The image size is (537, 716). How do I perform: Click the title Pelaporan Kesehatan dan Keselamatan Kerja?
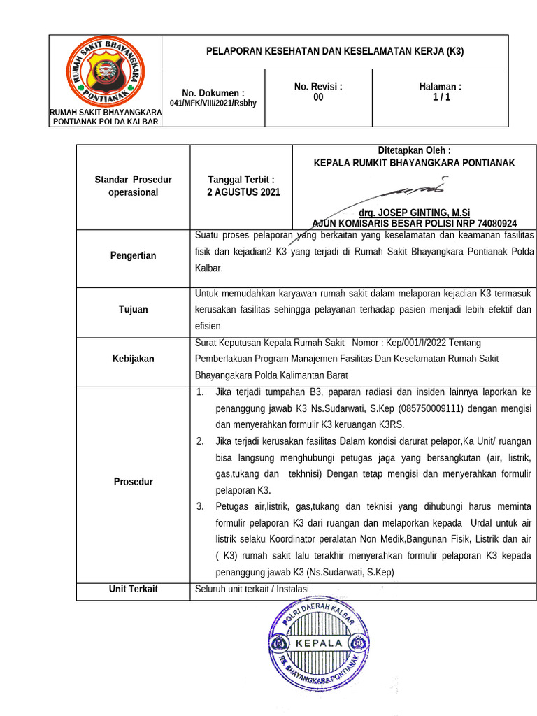(335, 52)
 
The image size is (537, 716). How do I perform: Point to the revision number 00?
(318, 98)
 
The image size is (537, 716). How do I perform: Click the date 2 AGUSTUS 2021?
(243, 192)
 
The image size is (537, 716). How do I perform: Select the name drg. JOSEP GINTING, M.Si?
(414, 212)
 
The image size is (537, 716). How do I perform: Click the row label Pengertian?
(133, 256)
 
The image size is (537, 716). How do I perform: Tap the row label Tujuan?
(133, 309)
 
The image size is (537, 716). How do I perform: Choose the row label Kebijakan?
(133, 359)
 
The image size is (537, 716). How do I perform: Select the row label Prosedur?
(133, 482)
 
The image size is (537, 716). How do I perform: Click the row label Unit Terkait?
(133, 589)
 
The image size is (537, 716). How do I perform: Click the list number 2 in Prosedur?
(200, 441)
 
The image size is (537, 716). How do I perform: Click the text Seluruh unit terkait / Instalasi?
(252, 589)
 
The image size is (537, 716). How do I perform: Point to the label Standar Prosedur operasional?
(133, 186)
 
